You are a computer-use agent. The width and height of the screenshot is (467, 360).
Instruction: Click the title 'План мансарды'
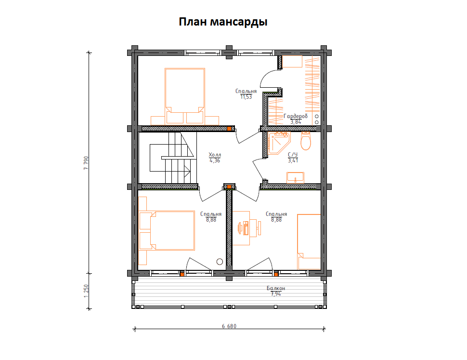tap(223, 22)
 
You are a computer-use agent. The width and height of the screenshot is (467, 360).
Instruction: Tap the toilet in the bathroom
tap(305, 141)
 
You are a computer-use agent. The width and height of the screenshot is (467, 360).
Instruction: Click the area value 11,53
tap(246, 97)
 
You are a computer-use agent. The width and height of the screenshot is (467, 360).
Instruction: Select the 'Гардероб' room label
tap(295, 116)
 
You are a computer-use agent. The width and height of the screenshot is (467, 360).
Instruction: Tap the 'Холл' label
tap(214, 155)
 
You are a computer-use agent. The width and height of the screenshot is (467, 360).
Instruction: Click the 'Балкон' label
tap(275, 288)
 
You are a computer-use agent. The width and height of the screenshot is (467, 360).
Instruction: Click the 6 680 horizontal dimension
tap(229, 326)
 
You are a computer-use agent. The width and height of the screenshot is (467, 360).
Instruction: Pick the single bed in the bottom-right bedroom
tap(309, 241)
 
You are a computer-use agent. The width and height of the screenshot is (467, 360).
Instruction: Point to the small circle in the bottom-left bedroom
tap(220, 262)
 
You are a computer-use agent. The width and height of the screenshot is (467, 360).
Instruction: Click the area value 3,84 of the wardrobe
tap(295, 122)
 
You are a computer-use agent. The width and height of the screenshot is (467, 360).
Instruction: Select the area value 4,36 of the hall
tap(214, 160)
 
